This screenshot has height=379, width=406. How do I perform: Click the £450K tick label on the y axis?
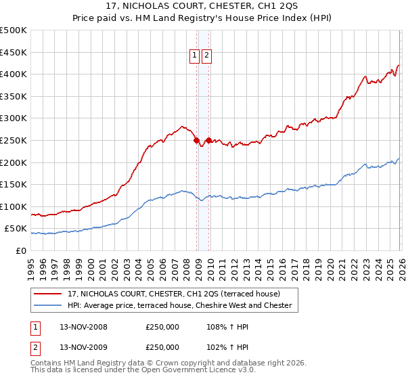[x=14, y=52]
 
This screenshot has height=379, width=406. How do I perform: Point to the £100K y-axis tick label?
[x=14, y=206]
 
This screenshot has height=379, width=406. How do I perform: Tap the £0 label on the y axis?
[x=20, y=250]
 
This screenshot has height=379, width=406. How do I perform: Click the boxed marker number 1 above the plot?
[x=195, y=56]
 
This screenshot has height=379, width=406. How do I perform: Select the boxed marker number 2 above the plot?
[x=206, y=56]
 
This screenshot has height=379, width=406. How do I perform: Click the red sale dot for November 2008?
[x=197, y=141]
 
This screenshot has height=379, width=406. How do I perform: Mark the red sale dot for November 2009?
[x=208, y=140]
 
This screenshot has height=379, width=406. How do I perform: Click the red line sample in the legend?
[x=48, y=294]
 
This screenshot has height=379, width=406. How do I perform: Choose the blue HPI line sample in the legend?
[x=48, y=305]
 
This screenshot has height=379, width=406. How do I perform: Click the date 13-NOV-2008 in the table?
[x=81, y=327]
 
